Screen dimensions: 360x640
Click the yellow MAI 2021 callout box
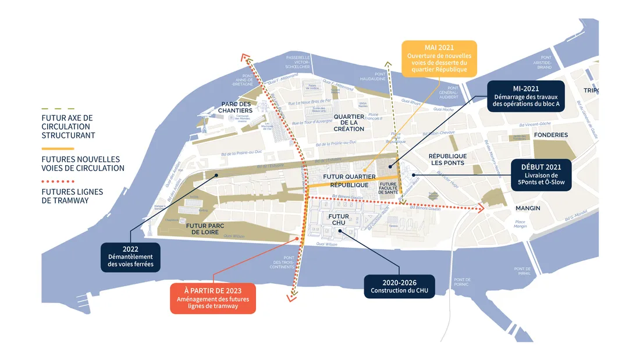[x=439, y=58]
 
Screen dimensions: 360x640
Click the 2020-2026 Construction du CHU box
[x=399, y=287]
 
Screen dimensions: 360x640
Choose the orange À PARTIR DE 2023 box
[x=213, y=298]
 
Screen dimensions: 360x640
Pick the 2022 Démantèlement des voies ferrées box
[x=130, y=256]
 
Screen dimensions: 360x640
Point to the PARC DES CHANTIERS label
[x=236, y=107]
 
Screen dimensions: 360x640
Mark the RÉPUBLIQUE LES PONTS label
[x=447, y=159]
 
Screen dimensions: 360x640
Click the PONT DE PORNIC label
[x=464, y=283]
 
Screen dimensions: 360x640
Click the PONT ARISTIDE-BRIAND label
[x=546, y=62]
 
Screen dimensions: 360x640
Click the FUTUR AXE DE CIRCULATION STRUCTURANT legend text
[x=67, y=126]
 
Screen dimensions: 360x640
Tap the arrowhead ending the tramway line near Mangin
[x=481, y=208]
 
